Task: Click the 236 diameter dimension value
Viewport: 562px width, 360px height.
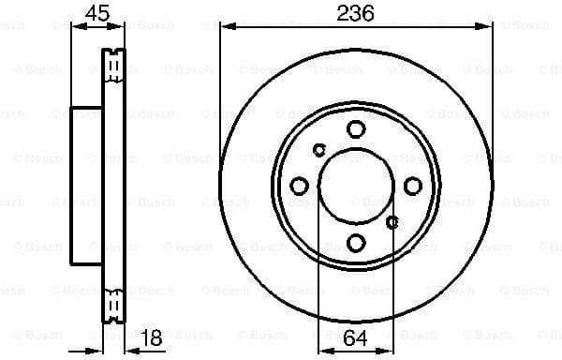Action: point(356,12)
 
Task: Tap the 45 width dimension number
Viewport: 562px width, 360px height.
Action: point(96,12)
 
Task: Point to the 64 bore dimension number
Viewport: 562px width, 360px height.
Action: point(356,339)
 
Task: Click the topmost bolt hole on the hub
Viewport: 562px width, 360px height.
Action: point(356,128)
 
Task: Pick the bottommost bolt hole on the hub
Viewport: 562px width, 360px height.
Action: point(356,243)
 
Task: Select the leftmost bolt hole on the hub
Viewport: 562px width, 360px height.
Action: point(299,186)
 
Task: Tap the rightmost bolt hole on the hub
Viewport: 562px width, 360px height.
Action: point(413,186)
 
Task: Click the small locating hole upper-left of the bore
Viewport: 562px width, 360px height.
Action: point(319,149)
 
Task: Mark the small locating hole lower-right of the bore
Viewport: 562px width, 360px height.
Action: point(392,222)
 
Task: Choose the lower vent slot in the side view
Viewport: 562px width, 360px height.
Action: point(113,306)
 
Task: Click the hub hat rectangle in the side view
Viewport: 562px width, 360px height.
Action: point(86,185)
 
